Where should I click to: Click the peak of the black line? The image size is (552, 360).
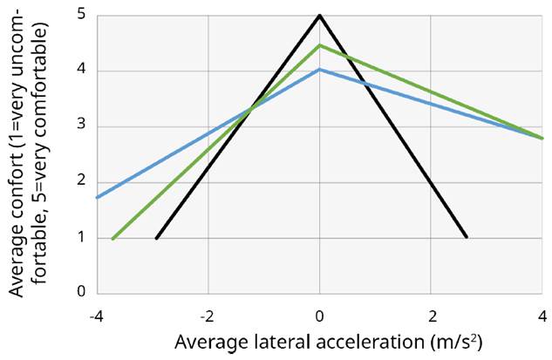point(320,15)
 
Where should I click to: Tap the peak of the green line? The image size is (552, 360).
point(320,44)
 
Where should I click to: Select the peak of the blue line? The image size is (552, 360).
point(320,69)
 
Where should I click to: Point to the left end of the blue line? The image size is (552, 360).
point(97,197)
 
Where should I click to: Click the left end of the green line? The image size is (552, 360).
point(113,238)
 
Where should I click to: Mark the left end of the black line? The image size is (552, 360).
point(157,238)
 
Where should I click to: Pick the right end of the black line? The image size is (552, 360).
point(467,237)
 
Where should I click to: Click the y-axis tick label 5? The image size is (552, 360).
point(81,15)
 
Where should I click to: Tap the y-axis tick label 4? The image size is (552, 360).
point(81,71)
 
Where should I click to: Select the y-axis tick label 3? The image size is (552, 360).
point(81,126)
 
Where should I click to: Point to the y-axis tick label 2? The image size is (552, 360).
point(81,182)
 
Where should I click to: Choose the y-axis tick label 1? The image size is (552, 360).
point(81,238)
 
